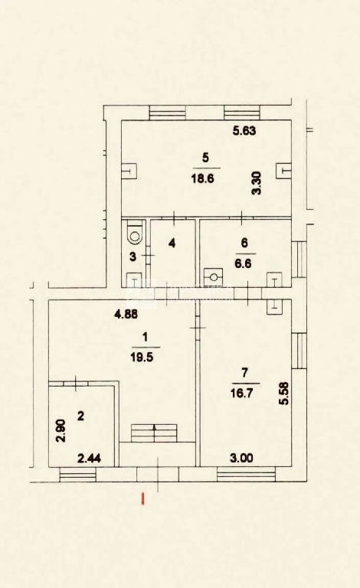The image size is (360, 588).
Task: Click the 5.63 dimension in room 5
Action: coord(244,130)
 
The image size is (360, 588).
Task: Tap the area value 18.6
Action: coord(202,178)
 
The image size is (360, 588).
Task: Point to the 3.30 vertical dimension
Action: coord(257,183)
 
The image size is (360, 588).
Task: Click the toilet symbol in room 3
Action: coord(135,234)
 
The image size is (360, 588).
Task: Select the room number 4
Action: coord(172,243)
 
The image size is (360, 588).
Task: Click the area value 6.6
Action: coord(243,263)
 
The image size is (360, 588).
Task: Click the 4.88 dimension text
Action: coord(126,314)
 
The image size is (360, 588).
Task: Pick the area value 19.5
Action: coord(142,358)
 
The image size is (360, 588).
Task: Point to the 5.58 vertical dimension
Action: coord(284,394)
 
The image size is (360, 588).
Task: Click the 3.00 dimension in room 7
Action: coord(241,458)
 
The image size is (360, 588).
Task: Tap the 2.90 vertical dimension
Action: coord(61,431)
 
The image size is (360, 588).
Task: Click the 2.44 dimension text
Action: coord(89,458)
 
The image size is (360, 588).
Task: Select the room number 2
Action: coord(80,416)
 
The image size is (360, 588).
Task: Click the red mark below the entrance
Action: coord(142,498)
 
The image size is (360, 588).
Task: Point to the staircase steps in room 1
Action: coord(154,433)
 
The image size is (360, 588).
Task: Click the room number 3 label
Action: coord(133,257)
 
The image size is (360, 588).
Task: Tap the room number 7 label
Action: coord(245,373)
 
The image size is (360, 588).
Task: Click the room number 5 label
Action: coord(205,158)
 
